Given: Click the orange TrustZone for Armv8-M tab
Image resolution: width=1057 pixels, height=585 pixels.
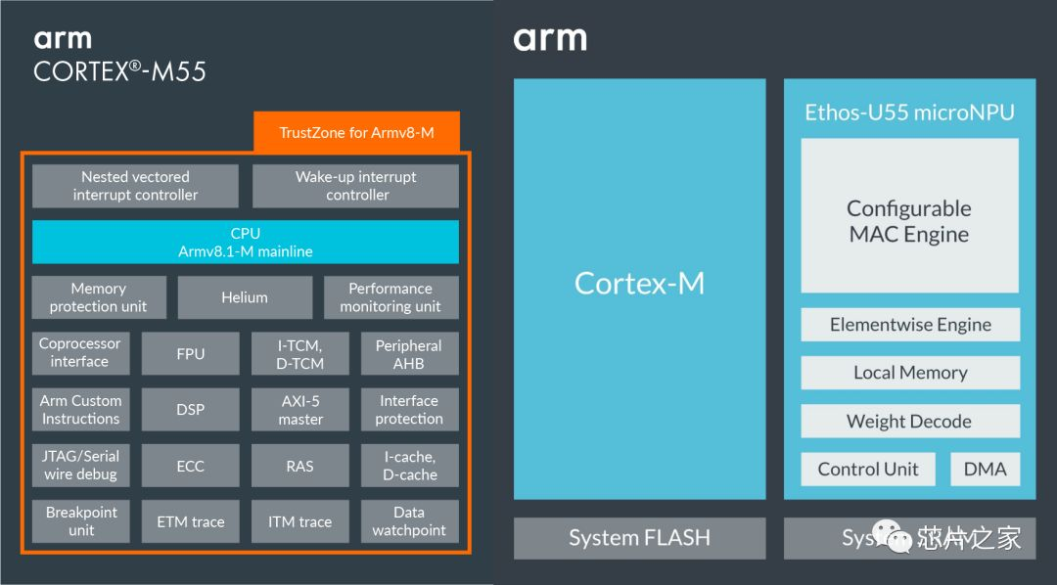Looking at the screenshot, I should point(356,132).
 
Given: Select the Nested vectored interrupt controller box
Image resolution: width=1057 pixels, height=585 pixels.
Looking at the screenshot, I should point(135,186).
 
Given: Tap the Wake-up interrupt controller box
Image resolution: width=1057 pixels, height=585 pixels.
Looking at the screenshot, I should point(355,186).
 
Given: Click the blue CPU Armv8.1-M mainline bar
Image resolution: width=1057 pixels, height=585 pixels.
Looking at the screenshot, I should point(245,242).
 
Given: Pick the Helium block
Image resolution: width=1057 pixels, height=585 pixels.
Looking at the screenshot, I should point(245,297).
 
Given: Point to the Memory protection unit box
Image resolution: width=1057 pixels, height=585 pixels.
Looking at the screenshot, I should point(99,297).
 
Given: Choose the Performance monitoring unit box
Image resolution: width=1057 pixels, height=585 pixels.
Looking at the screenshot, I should point(391,297).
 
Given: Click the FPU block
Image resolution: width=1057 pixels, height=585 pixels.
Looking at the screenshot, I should point(191,353).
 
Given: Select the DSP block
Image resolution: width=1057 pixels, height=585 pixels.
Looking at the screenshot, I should point(191,409).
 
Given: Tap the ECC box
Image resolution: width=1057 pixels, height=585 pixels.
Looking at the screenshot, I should point(191,466).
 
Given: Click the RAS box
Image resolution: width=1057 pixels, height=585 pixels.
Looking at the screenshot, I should point(299,466).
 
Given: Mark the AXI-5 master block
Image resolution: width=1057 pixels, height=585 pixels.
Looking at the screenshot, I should point(299,409).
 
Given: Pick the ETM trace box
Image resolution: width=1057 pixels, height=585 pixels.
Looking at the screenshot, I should point(191,521).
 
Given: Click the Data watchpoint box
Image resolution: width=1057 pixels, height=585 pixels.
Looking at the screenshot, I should point(409,521).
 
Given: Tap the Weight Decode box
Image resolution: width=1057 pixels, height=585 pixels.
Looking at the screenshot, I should point(909,422).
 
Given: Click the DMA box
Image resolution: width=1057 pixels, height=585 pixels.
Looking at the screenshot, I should point(985,469).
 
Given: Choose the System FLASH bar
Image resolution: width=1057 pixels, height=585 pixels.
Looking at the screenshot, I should point(640,538).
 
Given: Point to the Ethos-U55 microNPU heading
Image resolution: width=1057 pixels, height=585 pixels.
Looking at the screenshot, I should point(909,112).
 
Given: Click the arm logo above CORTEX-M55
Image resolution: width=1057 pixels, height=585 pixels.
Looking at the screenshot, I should point(63,39).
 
